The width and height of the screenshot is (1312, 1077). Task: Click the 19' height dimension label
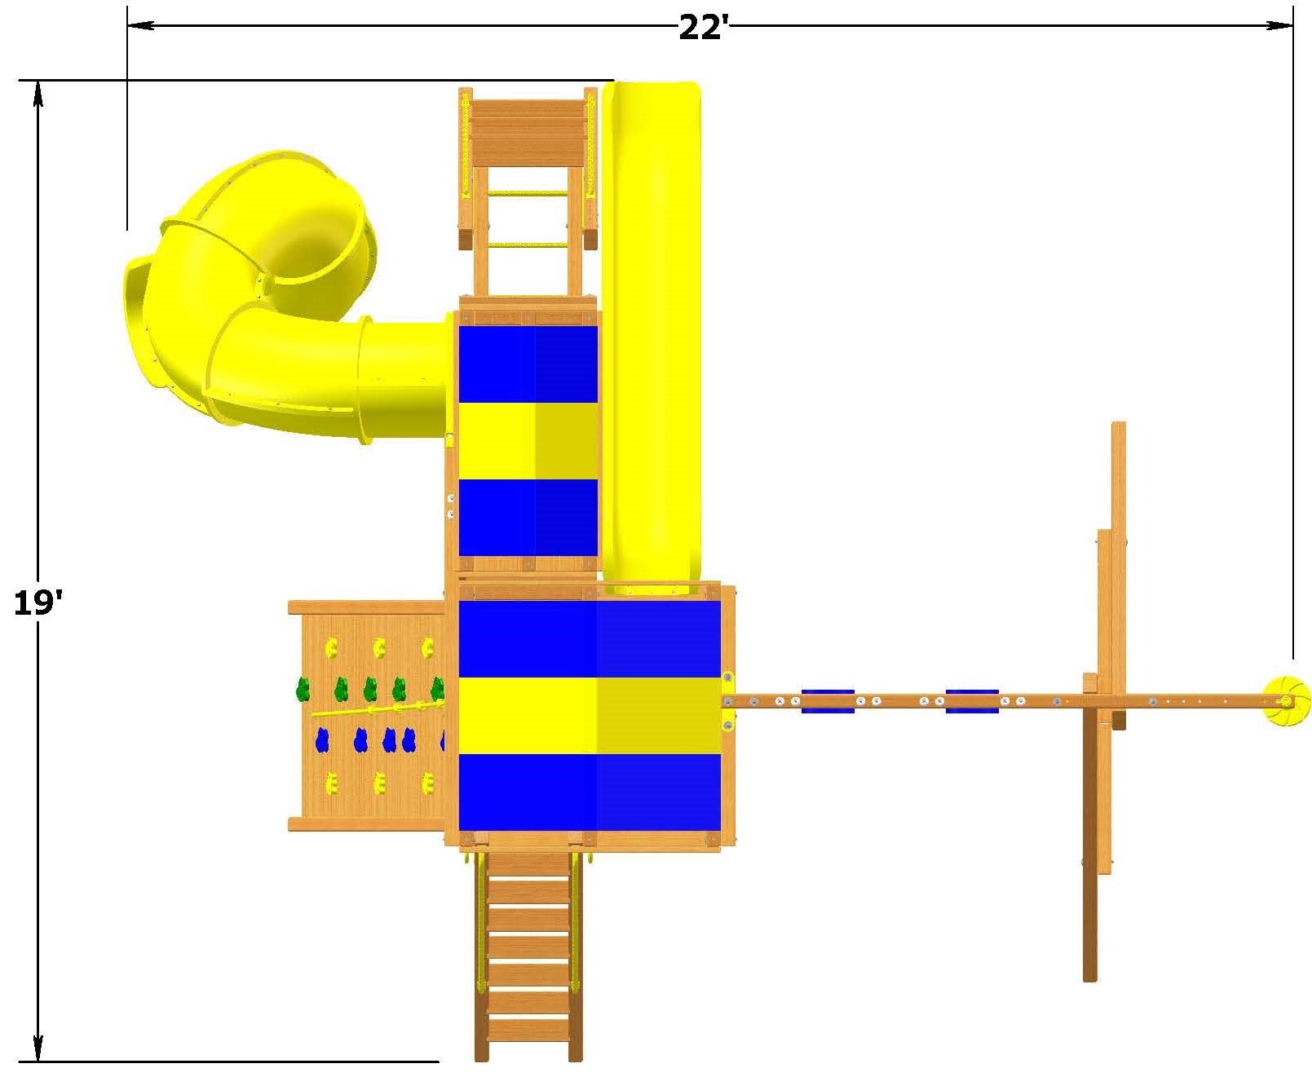tap(38, 603)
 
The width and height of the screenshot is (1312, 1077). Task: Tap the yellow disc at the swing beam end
tap(1282, 701)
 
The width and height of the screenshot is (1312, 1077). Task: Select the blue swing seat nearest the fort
tap(828, 701)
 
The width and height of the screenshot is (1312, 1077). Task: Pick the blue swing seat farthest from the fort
tap(972, 701)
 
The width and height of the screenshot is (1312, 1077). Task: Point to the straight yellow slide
tap(652, 336)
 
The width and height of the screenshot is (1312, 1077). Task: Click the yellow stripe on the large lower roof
tap(589, 716)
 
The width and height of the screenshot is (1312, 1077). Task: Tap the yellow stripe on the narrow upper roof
tap(528, 441)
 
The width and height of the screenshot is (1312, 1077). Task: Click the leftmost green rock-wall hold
tap(303, 689)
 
